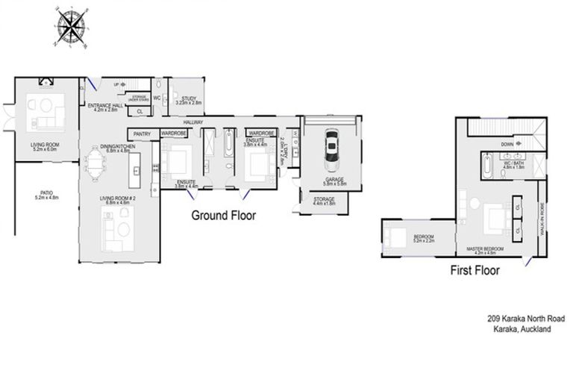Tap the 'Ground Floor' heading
[x=224, y=216]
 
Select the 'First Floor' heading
[x=475, y=270]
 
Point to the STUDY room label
[x=188, y=98]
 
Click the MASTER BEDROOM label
[x=486, y=248]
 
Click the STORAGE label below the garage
[x=324, y=198]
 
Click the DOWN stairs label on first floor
[x=507, y=144]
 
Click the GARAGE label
[x=333, y=180]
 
